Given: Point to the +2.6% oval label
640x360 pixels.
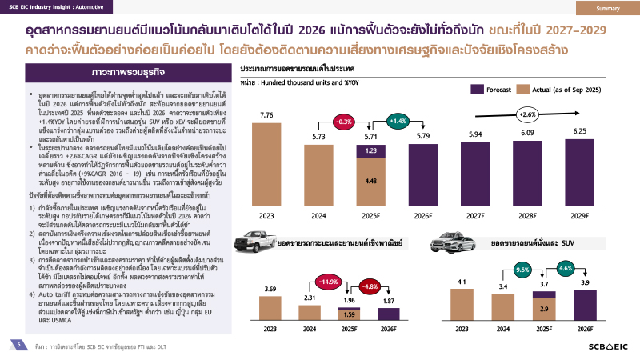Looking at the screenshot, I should click(x=529, y=114).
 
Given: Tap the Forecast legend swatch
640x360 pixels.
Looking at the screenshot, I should click(x=476, y=89).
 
